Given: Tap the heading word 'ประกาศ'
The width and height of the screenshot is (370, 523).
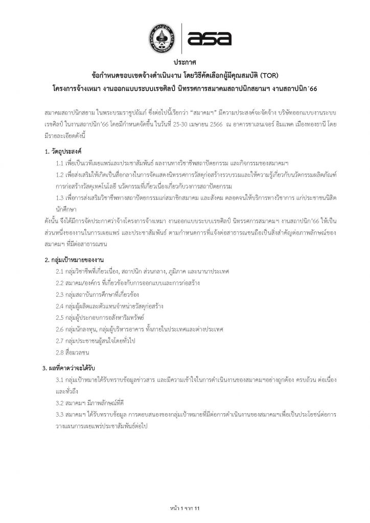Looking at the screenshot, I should pos(184,63).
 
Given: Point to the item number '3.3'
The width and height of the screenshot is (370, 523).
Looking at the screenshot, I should pos(60,414).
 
